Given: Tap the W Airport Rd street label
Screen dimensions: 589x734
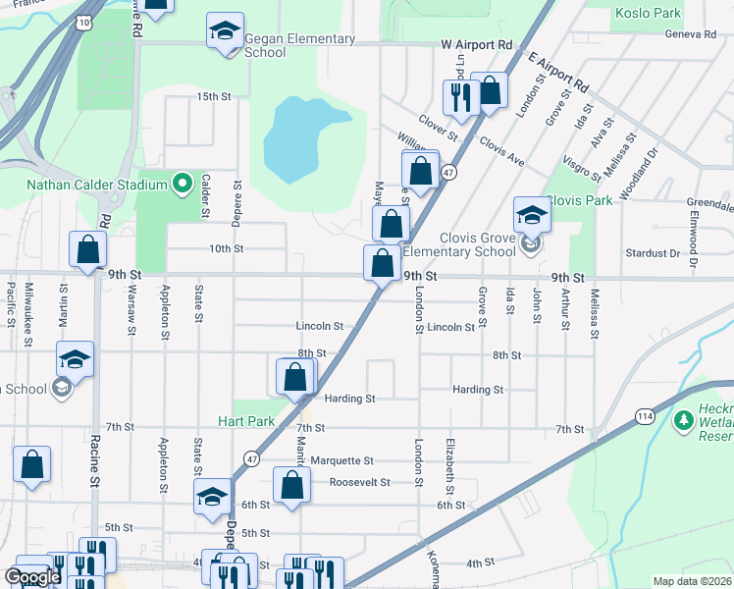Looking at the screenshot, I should coord(477,45).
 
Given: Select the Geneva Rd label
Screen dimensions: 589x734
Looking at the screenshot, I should coord(690,33).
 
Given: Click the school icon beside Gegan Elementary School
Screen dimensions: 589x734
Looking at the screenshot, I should coord(225,31).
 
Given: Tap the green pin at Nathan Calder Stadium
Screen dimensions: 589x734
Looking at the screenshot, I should coord(181,184).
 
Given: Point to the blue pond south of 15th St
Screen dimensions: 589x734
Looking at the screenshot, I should coord(299,137).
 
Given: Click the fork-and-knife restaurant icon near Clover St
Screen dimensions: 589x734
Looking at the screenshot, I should coord(459,95).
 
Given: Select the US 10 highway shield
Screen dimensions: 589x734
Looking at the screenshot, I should coord(86,22).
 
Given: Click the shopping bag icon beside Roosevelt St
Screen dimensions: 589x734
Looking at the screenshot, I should coord(291,485).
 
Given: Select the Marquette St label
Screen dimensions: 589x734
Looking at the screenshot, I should coord(341,460).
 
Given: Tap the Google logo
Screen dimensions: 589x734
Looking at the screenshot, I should coord(32,577).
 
